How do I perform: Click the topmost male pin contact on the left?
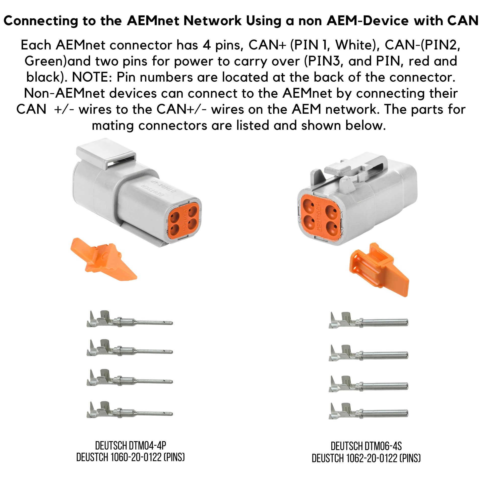point(130,319)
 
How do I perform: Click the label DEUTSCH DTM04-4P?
point(131,445)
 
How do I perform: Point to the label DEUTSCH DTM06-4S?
point(366,446)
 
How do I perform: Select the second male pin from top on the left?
point(130,348)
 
